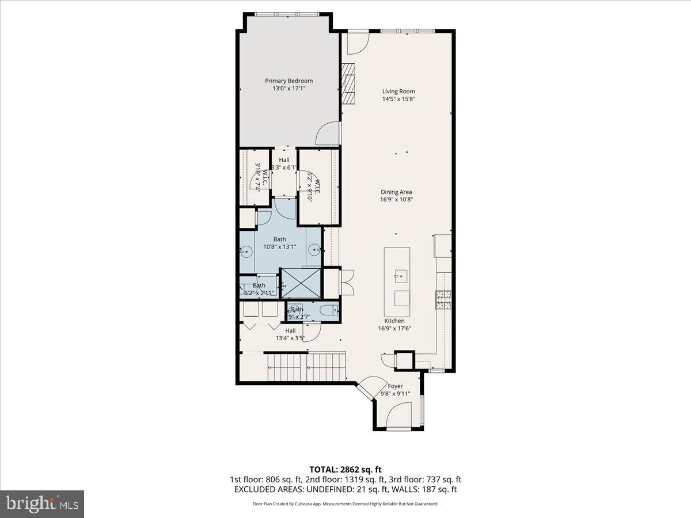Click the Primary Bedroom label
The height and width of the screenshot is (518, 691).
click(288, 81)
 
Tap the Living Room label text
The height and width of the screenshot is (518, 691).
click(398, 92)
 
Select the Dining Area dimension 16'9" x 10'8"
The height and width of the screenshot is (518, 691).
click(396, 200)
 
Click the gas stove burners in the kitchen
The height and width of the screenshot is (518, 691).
click(443, 299)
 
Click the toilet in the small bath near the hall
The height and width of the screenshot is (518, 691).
click(329, 310)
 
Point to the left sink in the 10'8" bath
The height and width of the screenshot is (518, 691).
click(246, 251)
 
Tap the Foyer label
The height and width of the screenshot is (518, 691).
click(395, 386)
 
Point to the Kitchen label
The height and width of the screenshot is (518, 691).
click(394, 321)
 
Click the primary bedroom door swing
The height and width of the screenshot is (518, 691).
click(327, 134)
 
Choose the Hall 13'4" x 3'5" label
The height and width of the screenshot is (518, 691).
click(290, 334)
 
